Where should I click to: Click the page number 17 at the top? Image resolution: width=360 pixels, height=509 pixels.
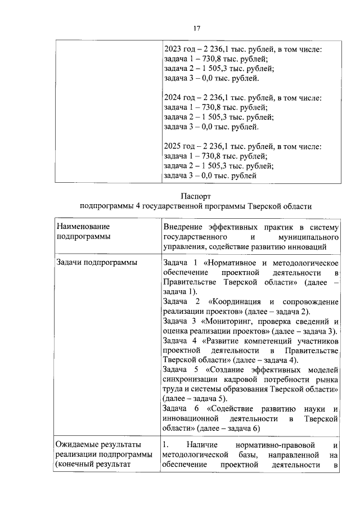pyautogui.click(x=196, y=28)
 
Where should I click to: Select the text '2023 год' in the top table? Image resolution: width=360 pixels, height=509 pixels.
pyautogui.click(x=178, y=49)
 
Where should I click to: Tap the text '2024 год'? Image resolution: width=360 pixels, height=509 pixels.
pyautogui.click(x=178, y=98)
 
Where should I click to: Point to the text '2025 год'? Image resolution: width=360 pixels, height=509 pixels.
pyautogui.click(x=178, y=146)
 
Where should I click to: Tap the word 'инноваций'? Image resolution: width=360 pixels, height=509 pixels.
pyautogui.click(x=322, y=247)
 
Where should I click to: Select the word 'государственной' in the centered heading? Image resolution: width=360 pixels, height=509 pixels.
pyautogui.click(x=175, y=206)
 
